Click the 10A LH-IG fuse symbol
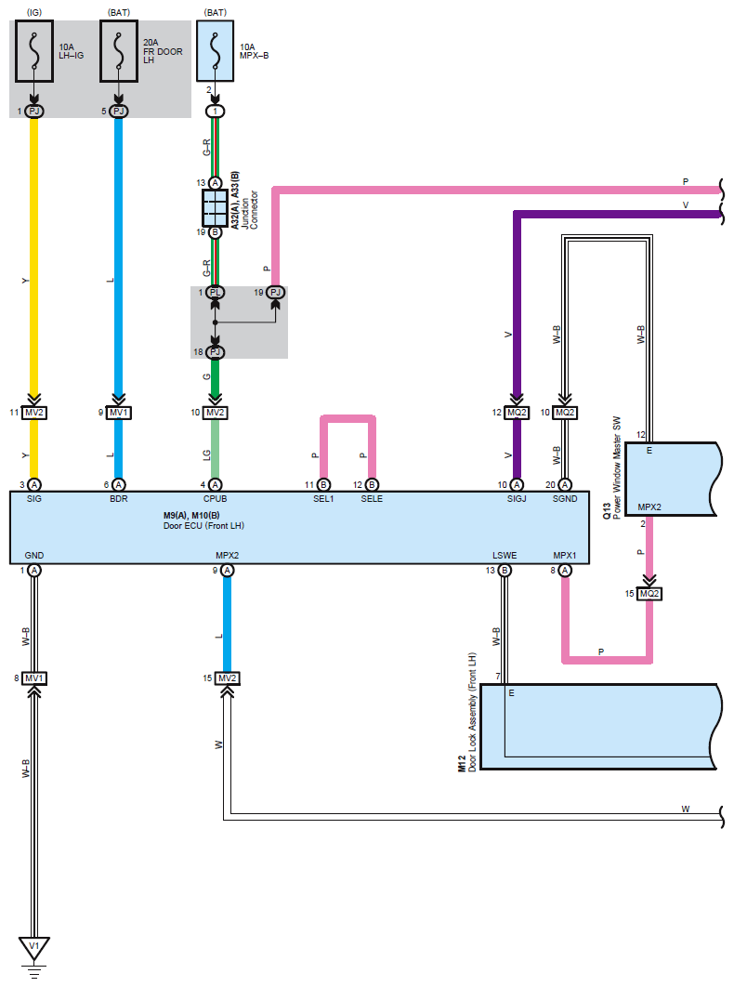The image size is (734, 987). [34, 51]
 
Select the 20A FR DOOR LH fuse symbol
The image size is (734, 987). [118, 51]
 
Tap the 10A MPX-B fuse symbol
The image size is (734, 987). [216, 51]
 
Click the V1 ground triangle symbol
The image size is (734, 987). [34, 948]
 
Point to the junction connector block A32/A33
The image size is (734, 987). [215, 208]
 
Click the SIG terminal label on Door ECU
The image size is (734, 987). [34, 498]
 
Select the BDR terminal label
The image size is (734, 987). [118, 498]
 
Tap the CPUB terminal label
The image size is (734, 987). [215, 498]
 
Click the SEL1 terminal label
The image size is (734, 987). [323, 498]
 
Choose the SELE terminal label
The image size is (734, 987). [372, 498]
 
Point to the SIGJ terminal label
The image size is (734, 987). [517, 498]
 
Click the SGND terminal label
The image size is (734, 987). [565, 498]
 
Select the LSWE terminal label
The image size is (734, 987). [505, 555]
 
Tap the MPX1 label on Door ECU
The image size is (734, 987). [565, 555]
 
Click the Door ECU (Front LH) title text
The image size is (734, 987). [203, 526]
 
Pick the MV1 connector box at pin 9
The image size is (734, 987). [118, 413]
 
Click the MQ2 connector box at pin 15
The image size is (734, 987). [649, 594]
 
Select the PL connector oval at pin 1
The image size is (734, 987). [215, 292]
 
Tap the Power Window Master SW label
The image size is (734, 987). [617, 467]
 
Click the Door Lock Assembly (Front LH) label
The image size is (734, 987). [472, 712]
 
